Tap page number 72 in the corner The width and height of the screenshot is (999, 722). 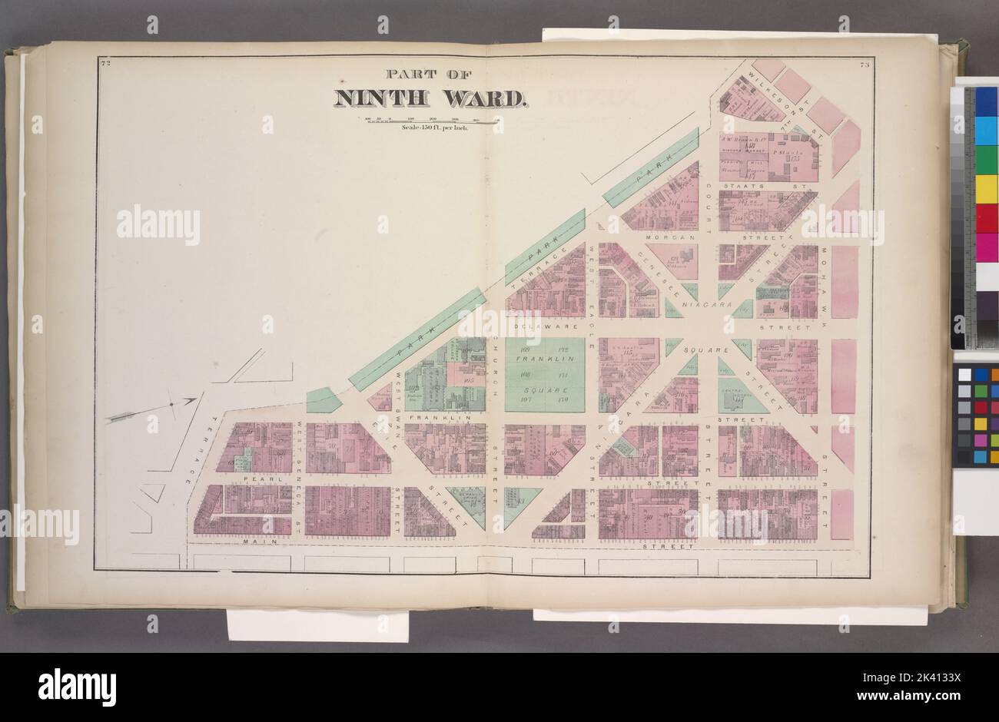(105, 64)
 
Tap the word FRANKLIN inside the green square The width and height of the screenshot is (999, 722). (545, 359)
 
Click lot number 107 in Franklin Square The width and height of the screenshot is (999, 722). (526, 399)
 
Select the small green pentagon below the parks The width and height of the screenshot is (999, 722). (323, 400)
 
